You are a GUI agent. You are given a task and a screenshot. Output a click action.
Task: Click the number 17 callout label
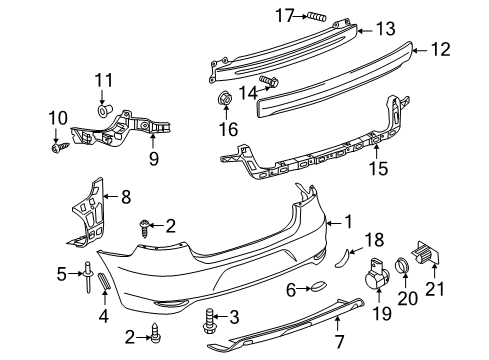tap(285, 15)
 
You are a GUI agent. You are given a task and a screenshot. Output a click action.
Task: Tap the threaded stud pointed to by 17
tap(317, 16)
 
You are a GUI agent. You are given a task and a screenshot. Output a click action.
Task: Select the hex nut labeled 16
tap(225, 98)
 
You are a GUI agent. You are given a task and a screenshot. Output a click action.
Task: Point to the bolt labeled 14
tap(269, 80)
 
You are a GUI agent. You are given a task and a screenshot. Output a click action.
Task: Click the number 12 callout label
tap(441, 50)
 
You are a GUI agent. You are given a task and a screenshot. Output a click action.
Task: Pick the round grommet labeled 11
tap(104, 109)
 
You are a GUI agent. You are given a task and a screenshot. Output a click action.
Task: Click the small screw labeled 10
tap(60, 147)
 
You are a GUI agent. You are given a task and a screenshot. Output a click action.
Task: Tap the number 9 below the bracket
tap(154, 159)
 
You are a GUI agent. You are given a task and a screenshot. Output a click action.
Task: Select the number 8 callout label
tap(126, 197)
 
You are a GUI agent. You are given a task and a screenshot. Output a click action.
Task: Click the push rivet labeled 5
tap(88, 276)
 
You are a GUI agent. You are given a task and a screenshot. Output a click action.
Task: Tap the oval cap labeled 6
tap(319, 287)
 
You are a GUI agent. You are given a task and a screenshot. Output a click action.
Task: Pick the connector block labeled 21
tap(427, 253)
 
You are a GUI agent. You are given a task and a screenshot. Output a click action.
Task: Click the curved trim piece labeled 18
tap(342, 257)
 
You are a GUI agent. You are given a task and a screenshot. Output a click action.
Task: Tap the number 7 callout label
tap(339, 341)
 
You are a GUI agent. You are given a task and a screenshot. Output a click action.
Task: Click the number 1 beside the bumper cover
tap(348, 222)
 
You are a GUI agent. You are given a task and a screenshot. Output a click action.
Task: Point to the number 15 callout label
tap(379, 168)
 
